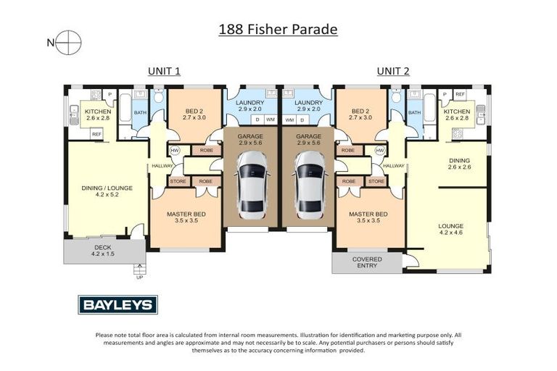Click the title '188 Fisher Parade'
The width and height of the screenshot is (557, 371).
point(278,30)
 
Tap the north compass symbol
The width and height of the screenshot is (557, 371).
point(70,42)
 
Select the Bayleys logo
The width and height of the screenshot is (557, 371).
point(117,305)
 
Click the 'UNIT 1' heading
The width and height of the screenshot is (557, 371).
point(164,71)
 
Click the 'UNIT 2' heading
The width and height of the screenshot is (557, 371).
point(392,71)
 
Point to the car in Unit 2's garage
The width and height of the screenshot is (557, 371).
point(308,190)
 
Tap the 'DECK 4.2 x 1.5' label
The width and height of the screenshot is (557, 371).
point(103,251)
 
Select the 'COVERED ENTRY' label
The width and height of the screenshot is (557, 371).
point(367,262)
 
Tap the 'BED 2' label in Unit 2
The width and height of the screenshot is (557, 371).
point(360,112)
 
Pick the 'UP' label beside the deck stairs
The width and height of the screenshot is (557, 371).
point(139,277)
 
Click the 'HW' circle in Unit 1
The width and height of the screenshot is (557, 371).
point(174,151)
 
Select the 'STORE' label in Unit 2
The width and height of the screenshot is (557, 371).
point(376,181)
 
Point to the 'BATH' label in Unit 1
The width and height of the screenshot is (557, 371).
point(140,112)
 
